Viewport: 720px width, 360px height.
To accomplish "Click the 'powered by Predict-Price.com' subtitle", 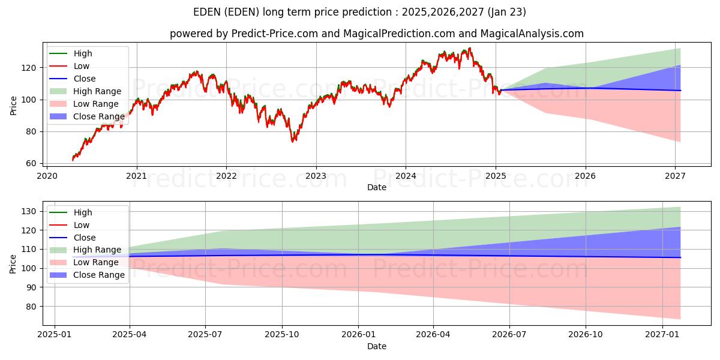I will (x=376, y=34).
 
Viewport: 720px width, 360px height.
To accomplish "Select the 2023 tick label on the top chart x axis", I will (x=316, y=176).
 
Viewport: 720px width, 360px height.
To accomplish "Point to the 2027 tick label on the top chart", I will (x=676, y=176).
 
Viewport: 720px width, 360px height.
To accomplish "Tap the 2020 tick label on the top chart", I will (x=47, y=176).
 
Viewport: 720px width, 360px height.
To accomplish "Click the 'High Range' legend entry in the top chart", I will (x=97, y=91).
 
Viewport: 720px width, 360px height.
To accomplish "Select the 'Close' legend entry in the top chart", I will (x=85, y=79).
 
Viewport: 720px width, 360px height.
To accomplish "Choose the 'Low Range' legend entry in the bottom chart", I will (x=96, y=262).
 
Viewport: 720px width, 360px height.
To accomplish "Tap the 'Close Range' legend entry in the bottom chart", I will (x=98, y=275).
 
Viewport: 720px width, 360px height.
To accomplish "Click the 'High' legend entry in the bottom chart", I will (x=83, y=212).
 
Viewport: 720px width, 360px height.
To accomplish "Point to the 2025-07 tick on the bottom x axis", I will (x=205, y=334).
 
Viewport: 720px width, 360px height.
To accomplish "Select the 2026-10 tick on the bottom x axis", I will (x=586, y=334).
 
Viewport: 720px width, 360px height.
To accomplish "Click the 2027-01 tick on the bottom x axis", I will (x=662, y=334).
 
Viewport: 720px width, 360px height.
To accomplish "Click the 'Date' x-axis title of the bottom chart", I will (x=376, y=346).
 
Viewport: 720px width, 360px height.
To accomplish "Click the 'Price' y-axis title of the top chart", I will (x=14, y=105).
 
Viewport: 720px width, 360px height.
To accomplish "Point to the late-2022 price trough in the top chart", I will (x=293, y=141).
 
